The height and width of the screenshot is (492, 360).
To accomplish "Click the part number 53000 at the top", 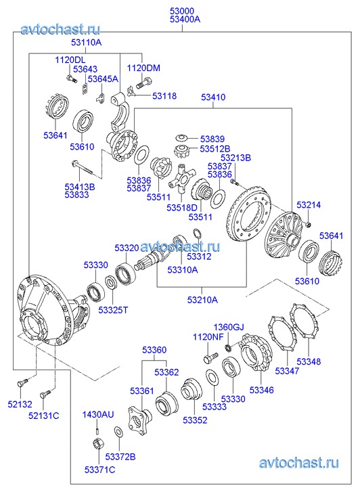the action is [x=182, y=11].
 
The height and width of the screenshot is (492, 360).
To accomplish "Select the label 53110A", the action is [x=87, y=43].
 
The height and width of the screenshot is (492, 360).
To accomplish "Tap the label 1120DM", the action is [x=143, y=68].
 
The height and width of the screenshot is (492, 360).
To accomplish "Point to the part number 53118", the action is [x=164, y=96].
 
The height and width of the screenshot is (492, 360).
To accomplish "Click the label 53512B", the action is [x=215, y=148].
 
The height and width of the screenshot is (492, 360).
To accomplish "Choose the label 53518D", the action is [x=182, y=207].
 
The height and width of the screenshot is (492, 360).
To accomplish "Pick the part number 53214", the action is [x=309, y=205].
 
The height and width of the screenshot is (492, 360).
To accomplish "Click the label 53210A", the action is [x=202, y=300].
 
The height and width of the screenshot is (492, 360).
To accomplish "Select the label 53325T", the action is [x=113, y=310].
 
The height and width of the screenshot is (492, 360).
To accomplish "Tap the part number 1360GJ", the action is [x=229, y=328].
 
